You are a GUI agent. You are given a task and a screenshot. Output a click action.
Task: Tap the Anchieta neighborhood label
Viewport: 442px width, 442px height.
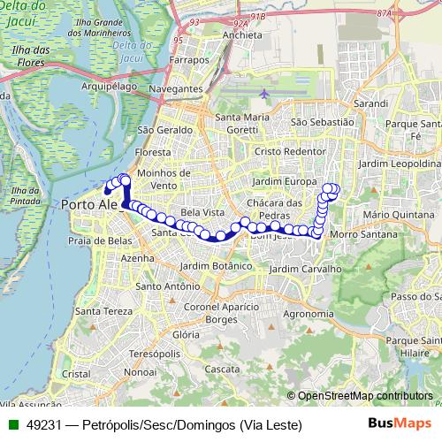pos(244,35)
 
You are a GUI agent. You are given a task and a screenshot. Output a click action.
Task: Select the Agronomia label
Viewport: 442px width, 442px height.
pos(309,313)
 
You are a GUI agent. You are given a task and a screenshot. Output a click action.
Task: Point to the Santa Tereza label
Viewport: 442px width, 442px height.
pos(100,311)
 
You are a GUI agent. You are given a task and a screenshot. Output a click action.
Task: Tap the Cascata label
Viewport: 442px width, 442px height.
pos(217,369)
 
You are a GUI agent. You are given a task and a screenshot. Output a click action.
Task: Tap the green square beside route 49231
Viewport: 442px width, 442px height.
pos(12,425)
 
